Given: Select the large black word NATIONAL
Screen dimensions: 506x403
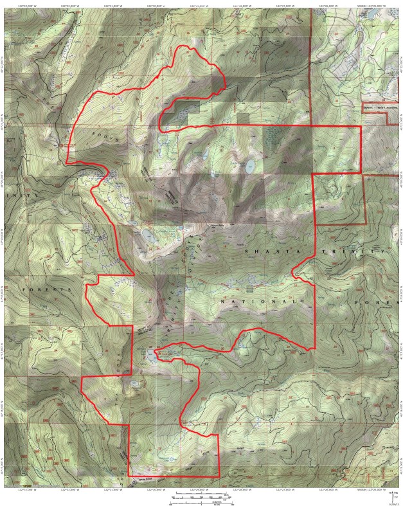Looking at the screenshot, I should (x=258, y=301).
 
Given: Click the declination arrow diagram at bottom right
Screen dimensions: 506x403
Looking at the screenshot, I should (x=391, y=495).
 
